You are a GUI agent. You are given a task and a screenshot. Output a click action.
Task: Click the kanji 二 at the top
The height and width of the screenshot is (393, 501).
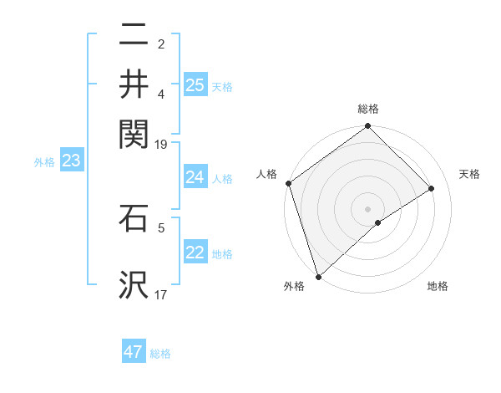pos(134,36)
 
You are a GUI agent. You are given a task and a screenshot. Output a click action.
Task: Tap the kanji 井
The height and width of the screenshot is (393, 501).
pos(134,84)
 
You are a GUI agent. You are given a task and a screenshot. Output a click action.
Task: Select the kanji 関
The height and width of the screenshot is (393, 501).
pos(134,131)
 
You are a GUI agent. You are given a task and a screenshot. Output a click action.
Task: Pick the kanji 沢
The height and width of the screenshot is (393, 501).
pos(134,284)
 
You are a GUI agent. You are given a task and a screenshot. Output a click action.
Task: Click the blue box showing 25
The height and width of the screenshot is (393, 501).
pos(195,84)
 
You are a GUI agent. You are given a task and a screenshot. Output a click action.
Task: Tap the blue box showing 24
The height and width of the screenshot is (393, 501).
pos(195,177)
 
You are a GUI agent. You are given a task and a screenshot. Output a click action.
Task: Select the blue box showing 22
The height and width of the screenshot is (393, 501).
pos(195,253)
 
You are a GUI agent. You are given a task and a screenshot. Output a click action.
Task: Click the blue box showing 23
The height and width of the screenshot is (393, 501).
pos(71,161)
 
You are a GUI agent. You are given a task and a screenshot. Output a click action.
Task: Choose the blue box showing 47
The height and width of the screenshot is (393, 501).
pos(134,352)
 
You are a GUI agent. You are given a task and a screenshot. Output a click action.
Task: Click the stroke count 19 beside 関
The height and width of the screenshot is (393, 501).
pos(161,144)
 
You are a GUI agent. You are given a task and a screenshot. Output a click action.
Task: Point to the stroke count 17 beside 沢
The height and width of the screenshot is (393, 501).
pos(161,294)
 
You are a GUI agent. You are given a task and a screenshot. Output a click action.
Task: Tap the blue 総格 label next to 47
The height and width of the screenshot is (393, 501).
pos(160,354)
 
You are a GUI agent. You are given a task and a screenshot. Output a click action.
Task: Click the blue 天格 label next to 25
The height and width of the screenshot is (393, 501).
pos(222,86)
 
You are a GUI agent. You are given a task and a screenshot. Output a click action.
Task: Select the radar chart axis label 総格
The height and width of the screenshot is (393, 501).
pos(368,109)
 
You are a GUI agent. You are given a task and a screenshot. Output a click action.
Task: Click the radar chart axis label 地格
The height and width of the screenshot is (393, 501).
pos(438,286)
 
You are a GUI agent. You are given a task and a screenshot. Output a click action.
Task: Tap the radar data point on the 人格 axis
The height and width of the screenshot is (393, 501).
pos(288,183)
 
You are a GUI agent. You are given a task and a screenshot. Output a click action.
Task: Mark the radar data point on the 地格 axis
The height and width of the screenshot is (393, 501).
pos(378,222)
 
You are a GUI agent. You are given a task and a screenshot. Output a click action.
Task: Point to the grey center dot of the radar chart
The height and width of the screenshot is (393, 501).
pos(367,208)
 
